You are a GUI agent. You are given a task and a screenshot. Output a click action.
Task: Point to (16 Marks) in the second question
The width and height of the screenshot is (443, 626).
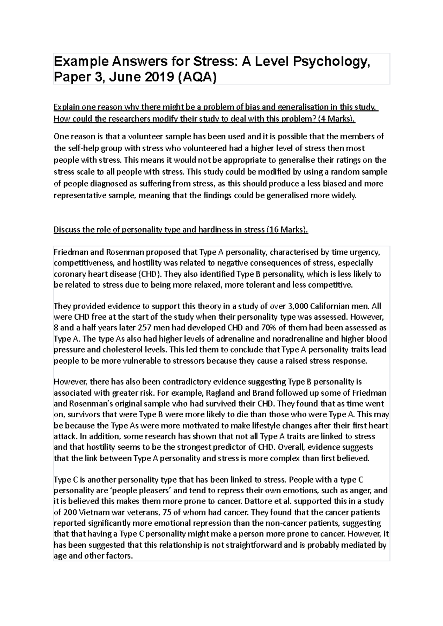tap(287, 230)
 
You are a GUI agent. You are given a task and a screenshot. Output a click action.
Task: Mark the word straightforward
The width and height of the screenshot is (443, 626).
tap(255, 545)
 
